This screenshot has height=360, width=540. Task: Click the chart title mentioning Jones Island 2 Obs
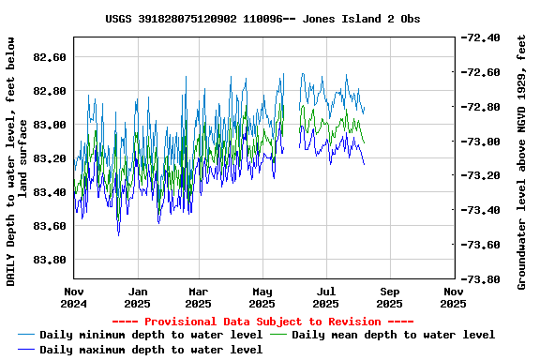tap(262, 19)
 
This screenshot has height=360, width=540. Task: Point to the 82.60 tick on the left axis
tap(49, 57)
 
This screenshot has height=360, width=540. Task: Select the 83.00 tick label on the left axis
tap(49, 125)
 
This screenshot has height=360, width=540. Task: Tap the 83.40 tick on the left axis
tap(49, 192)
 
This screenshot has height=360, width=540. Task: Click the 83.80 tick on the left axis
tap(49, 260)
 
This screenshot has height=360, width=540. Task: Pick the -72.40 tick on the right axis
tap(481, 38)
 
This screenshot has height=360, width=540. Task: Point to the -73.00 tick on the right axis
tap(481, 142)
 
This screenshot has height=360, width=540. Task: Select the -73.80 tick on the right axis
tap(481, 279)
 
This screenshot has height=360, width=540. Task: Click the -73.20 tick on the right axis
tap(481, 176)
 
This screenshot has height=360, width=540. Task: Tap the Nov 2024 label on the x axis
tap(73, 297)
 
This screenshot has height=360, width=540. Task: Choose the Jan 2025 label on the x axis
tap(137, 297)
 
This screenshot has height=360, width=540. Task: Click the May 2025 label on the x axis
tap(262, 297)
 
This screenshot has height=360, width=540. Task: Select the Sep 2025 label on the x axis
tap(390, 297)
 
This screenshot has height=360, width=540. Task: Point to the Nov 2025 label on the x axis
tap(454, 297)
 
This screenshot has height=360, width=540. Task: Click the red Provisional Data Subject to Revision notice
tap(263, 321)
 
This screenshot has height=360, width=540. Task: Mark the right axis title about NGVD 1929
tap(522, 161)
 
